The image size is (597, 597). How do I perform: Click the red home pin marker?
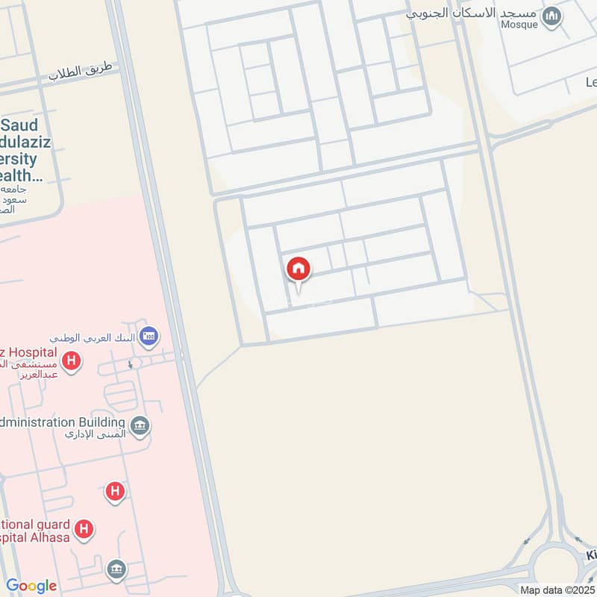[x=298, y=269]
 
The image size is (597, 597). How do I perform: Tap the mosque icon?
[x=551, y=16]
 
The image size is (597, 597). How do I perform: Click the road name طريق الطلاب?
[x=80, y=72]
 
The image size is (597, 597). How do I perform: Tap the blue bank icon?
[x=149, y=336]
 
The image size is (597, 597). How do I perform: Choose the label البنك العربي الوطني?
[x=93, y=337]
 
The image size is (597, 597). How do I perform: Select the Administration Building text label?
[x=63, y=422]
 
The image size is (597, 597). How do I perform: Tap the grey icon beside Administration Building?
[x=140, y=427]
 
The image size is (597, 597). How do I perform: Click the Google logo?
[x=31, y=586]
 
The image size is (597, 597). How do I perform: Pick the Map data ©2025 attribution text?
[x=557, y=590]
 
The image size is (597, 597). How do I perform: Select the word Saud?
[x=24, y=125]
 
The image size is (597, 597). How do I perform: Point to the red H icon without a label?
[x=115, y=491]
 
